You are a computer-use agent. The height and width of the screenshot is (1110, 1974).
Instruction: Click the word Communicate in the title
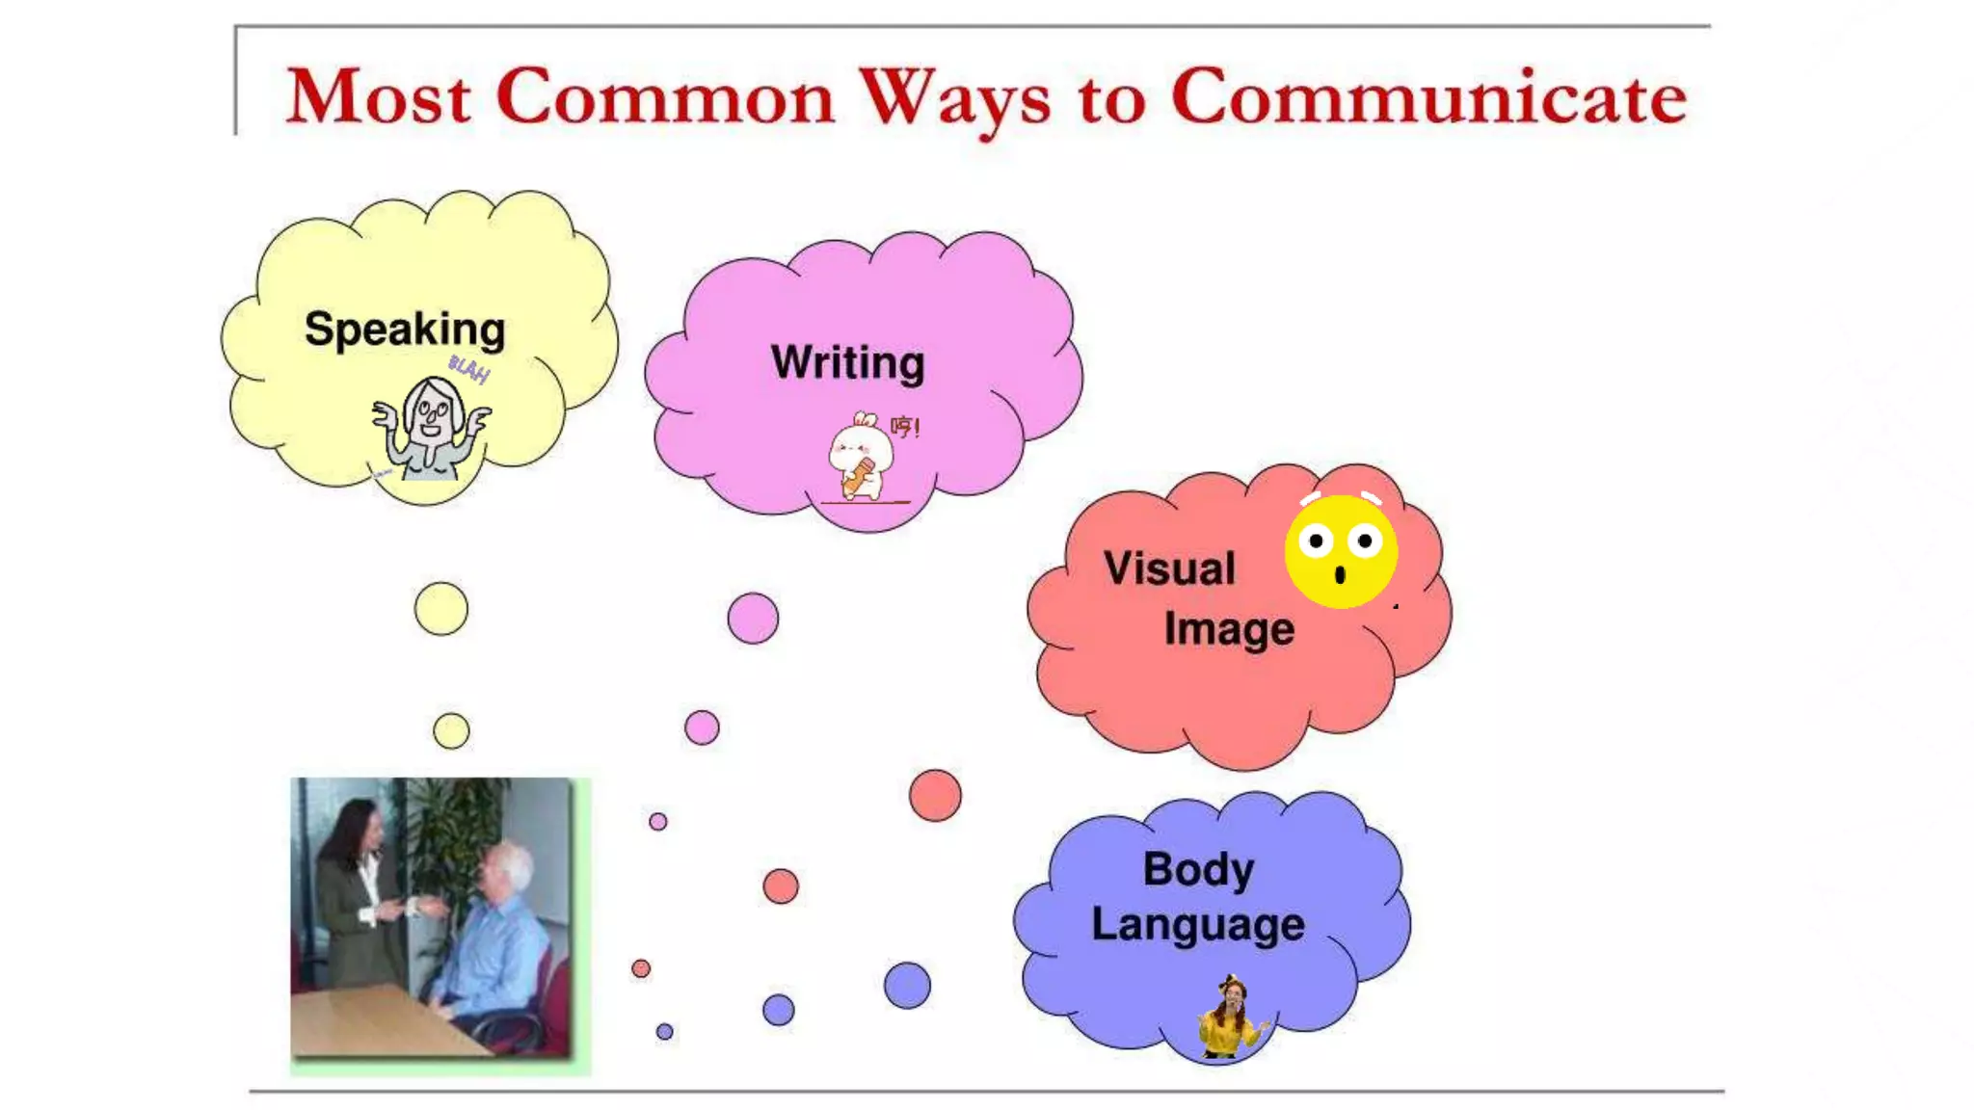pos(1428,97)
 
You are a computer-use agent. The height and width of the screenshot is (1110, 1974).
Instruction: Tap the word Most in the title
pos(379,97)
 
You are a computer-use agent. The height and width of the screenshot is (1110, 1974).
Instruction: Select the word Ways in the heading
pos(954,99)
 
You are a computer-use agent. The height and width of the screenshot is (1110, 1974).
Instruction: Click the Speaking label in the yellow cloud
pos(405,330)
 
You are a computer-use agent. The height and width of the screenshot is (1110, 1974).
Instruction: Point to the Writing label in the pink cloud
pos(847,363)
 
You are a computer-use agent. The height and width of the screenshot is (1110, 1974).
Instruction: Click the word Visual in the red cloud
pos(1169,568)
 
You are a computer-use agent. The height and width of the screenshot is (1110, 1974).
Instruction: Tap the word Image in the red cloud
pos(1229,629)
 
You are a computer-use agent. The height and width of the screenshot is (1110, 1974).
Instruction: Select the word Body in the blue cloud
pos(1198,869)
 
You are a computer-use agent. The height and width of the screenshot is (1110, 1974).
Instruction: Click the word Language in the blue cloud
pos(1198,925)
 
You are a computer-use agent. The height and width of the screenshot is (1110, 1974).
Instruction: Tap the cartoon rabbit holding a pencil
pos(860,458)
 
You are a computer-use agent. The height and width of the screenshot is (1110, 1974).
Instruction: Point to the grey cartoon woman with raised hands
pos(431,428)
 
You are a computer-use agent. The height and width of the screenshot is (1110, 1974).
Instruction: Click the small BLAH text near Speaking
pos(469,367)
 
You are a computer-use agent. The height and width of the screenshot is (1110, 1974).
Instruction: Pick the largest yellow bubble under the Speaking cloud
pos(441,609)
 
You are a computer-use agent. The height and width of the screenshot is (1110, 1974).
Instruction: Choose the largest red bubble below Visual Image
pos(935,796)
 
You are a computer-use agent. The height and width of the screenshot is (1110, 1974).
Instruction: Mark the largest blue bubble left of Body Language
pos(907,986)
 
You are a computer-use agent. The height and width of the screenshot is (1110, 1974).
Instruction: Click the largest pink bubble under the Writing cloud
pos(753,619)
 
